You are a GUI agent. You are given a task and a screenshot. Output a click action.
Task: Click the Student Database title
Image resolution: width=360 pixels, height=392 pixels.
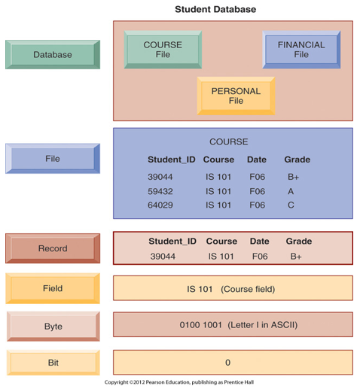coord(215,9)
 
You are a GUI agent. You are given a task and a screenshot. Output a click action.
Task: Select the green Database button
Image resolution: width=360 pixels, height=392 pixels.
coord(53,54)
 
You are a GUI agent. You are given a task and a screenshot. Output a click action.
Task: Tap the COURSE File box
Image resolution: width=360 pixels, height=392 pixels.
coord(163,50)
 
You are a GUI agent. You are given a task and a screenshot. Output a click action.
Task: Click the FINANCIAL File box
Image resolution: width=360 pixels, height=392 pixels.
coord(301,50)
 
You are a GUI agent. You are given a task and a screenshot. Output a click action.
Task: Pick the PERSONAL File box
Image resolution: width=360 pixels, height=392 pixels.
coord(236,96)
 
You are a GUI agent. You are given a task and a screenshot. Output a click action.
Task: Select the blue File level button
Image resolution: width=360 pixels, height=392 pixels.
coord(53,159)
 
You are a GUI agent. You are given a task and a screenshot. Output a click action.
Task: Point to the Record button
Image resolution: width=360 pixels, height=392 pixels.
coord(53,248)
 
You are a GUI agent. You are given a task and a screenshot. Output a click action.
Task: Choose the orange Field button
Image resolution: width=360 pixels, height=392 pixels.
coord(53,288)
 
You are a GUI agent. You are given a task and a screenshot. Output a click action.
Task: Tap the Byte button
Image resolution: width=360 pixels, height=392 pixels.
coord(53,327)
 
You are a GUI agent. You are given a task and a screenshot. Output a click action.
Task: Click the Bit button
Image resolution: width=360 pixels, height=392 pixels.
coord(53,363)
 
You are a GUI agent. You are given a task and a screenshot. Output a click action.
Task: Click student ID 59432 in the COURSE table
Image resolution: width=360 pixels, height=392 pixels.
coord(160,191)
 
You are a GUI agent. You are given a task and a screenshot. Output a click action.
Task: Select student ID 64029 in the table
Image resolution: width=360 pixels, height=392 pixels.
coord(160,205)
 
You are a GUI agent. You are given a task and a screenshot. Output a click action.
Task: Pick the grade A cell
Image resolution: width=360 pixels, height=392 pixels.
coord(291,191)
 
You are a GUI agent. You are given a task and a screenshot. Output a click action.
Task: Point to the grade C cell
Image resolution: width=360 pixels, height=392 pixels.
coord(291,205)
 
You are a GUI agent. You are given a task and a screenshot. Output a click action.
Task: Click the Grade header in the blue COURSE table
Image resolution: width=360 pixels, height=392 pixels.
coord(297,160)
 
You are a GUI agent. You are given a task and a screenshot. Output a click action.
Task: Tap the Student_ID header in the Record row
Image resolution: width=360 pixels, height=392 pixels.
coord(172,242)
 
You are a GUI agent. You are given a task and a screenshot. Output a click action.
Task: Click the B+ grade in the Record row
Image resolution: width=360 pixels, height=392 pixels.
coord(296,257)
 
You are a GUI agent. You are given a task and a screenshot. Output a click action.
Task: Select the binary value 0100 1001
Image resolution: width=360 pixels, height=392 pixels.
coord(201,325)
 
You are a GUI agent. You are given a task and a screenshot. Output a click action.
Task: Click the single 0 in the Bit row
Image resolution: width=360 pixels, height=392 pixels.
coord(227,363)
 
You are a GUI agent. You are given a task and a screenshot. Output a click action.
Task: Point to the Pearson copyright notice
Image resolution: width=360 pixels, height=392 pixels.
coord(179,382)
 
